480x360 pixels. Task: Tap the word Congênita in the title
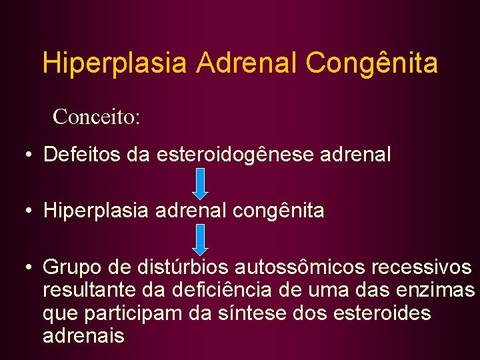click(371, 64)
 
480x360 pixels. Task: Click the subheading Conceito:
click(96, 117)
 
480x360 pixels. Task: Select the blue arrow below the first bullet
click(202, 183)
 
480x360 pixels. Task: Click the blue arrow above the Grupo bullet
click(202, 240)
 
